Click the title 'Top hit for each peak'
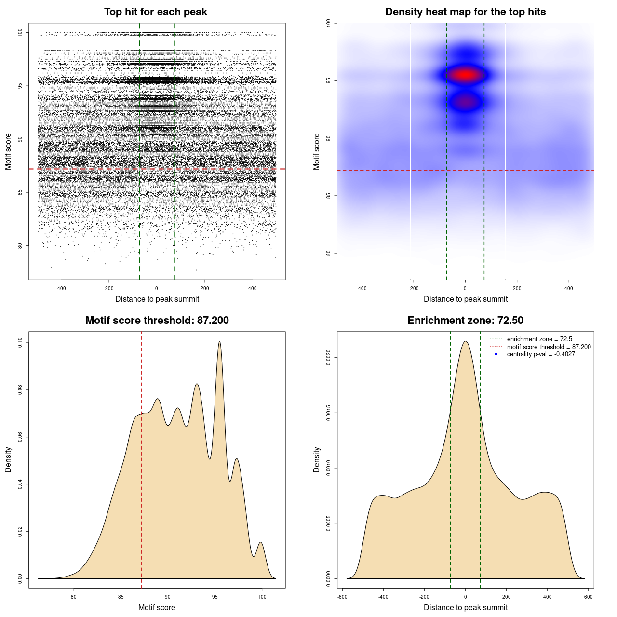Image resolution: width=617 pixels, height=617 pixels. [156, 12]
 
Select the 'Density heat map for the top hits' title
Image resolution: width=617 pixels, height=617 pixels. [465, 12]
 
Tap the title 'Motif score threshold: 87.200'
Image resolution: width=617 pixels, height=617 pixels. [157, 321]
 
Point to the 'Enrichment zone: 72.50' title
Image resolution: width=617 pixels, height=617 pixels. [465, 321]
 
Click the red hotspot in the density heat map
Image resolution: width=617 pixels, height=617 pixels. [465, 75]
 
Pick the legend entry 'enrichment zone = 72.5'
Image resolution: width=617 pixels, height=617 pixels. [539, 339]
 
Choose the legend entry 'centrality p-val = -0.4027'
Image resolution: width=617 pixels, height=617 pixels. [541, 354]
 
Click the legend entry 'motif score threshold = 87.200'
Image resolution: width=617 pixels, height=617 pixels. [549, 347]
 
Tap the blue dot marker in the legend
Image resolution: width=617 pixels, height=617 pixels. [496, 354]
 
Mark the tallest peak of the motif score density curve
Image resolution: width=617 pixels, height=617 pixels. [220, 341]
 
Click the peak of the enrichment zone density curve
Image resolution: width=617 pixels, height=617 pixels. [465, 341]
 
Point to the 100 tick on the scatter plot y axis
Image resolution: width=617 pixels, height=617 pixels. [20, 32]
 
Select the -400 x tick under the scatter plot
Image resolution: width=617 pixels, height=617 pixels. [61, 289]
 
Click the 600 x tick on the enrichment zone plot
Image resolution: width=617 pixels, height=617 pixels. [588, 597]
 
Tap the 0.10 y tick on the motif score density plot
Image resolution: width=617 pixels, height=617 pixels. [20, 343]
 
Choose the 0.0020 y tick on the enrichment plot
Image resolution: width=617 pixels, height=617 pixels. [329, 358]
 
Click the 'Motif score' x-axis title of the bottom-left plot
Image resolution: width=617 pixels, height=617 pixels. [157, 608]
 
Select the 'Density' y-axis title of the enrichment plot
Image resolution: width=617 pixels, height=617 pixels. [317, 459]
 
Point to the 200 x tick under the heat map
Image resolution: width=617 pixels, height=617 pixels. [517, 289]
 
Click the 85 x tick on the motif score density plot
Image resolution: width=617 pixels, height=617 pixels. [121, 597]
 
